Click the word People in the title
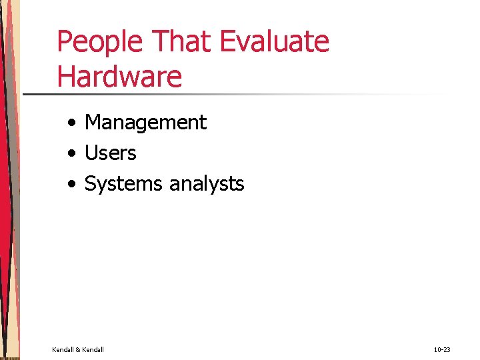[100, 41]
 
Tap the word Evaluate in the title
[275, 41]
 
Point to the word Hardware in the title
[119, 77]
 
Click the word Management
[146, 123]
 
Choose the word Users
[111, 153]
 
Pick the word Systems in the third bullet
[124, 184]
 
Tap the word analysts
[207, 184]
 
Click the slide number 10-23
[442, 349]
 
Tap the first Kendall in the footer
[63, 349]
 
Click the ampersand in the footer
[78, 349]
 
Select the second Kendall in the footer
[93, 349]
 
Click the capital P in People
[65, 41]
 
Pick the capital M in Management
[93, 123]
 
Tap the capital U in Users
[91, 153]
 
